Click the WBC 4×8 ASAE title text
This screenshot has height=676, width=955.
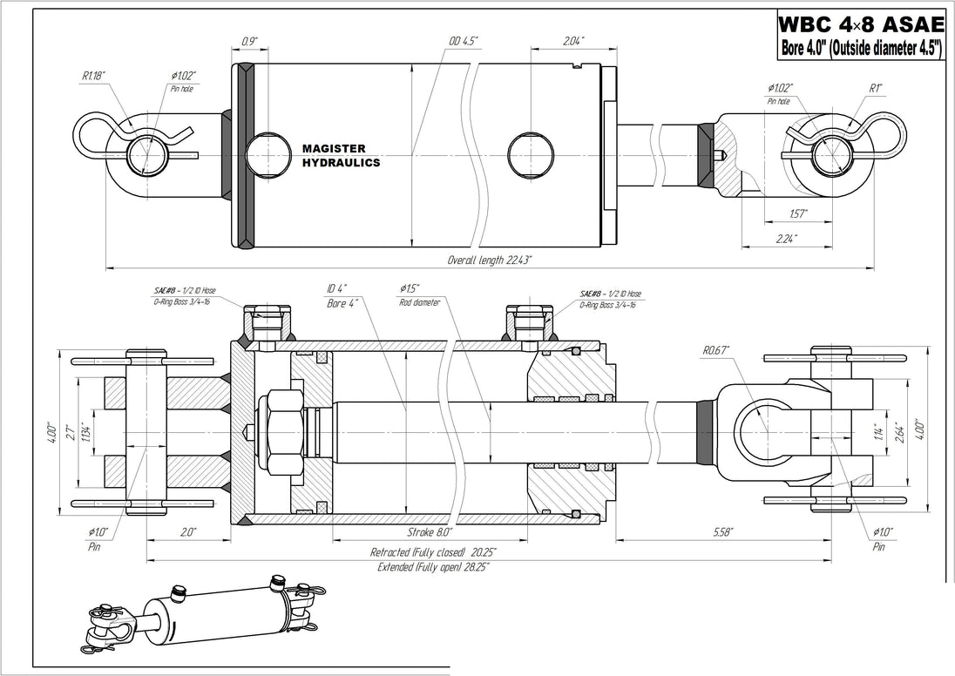pos(861,24)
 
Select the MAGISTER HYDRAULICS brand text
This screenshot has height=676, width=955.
pos(342,155)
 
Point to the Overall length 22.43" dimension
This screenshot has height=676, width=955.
pos(490,260)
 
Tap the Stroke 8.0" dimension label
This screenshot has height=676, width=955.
pos(430,532)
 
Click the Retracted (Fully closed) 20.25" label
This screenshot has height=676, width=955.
pos(433,552)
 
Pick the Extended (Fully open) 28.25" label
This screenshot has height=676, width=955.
pos(433,567)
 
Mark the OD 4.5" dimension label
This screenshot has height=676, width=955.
pos(464,41)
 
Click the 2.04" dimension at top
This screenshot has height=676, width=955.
pos(573,41)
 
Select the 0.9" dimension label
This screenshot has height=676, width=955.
pos(250,41)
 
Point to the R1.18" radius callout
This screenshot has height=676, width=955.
pos(94,76)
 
